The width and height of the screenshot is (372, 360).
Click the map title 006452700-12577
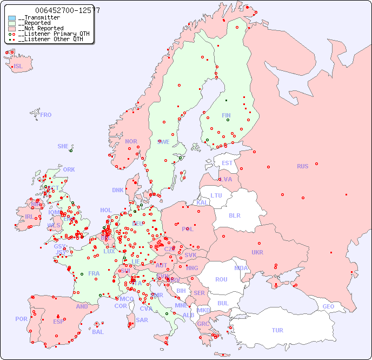(x=67, y=10)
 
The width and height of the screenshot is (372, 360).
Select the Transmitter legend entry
(x=39, y=18)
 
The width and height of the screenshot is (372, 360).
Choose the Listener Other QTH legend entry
(x=49, y=39)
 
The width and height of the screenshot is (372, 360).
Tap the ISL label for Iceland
(x=18, y=67)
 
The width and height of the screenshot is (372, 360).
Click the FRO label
(x=46, y=115)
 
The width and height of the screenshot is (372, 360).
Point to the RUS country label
(x=302, y=166)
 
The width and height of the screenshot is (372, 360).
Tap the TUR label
(x=277, y=330)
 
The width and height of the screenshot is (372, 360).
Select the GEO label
(x=328, y=306)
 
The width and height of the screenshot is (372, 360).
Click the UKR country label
(x=257, y=252)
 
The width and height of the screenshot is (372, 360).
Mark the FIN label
(x=226, y=115)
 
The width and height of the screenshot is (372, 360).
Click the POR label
(x=21, y=319)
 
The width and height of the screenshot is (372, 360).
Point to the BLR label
(x=235, y=215)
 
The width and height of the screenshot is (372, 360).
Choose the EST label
(x=227, y=163)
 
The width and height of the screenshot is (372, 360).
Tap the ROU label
(x=221, y=279)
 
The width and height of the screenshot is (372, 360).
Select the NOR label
(x=131, y=141)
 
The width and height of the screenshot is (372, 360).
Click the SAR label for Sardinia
(x=142, y=320)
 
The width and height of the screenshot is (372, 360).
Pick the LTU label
(x=216, y=195)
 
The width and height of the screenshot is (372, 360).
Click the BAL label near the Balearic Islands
(x=98, y=332)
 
